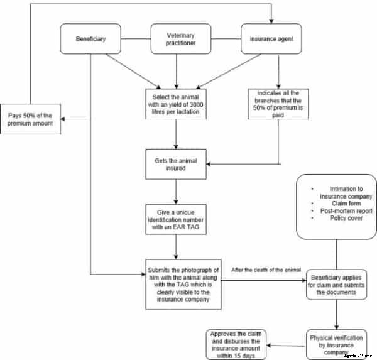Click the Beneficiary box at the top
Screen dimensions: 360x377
point(91,39)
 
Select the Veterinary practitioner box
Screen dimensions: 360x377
point(176,39)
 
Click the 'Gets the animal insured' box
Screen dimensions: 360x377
point(176,165)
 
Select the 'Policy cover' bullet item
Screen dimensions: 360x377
point(341,219)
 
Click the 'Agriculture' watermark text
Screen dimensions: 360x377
point(360,356)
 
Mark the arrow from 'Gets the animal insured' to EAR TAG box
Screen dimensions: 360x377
point(176,191)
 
